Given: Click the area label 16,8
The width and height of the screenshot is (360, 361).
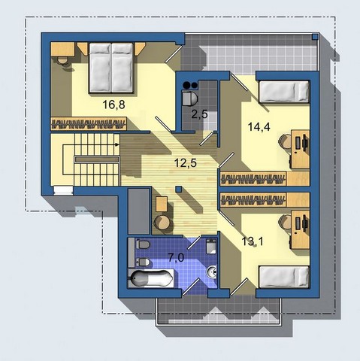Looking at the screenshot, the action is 113,105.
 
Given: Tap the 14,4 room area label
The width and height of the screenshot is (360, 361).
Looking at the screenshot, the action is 259,126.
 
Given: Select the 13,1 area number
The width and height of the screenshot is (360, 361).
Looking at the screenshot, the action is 253,241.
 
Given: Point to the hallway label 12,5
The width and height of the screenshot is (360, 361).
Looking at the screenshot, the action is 186,163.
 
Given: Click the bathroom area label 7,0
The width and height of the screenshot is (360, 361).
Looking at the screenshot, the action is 176,257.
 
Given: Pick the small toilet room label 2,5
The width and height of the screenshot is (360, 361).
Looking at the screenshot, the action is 200,114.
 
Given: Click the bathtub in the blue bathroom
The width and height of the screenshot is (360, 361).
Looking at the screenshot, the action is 151,278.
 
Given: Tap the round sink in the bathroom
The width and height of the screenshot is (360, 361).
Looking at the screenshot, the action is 212,272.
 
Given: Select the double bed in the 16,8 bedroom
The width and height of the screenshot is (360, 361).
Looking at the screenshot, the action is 110,68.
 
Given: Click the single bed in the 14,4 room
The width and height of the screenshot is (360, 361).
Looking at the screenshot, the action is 284,92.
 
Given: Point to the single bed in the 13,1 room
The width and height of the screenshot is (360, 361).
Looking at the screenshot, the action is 284,277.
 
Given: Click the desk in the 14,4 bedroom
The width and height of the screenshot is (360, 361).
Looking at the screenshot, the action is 300,149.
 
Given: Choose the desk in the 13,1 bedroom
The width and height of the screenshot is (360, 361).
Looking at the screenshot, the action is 300,230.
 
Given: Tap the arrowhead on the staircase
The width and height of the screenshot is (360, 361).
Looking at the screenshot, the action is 117,144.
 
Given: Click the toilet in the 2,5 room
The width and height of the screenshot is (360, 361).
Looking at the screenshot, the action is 189,99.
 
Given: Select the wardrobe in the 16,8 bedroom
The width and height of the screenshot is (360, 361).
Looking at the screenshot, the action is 89,123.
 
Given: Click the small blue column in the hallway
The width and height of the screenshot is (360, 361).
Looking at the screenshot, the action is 178,189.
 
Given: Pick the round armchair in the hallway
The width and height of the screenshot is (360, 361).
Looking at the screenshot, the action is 162,223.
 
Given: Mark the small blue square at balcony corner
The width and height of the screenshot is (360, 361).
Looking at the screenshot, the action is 315,37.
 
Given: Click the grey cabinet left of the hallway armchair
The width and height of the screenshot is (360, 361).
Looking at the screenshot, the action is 139,211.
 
